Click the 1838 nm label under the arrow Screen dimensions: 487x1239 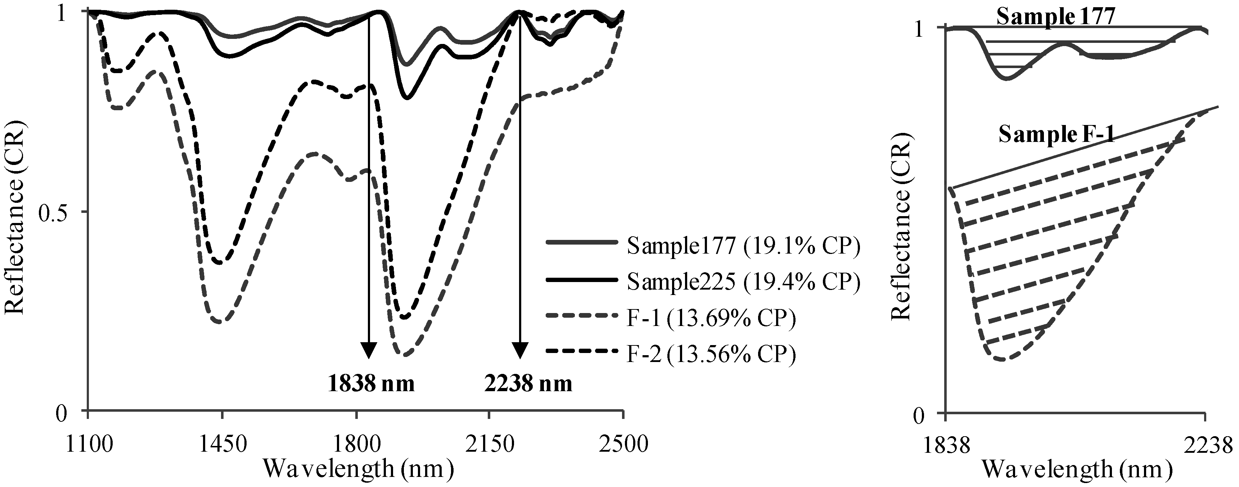(371, 384)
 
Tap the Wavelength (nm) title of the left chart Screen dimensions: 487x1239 (358, 469)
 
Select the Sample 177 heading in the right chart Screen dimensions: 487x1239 (1055, 17)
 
